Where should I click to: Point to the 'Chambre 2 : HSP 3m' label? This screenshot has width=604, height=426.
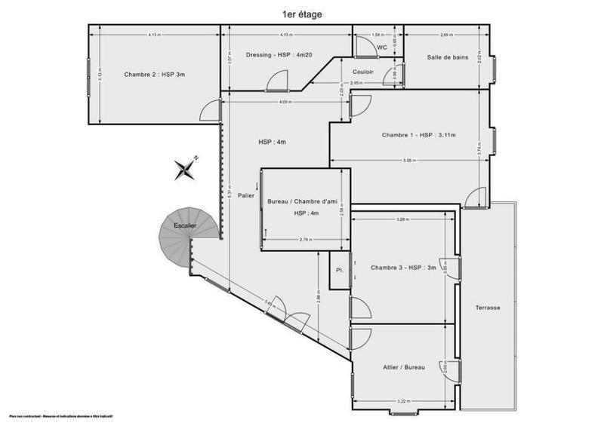pyautogui.click(x=154, y=74)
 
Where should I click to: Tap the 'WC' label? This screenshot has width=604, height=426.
pyautogui.click(x=382, y=48)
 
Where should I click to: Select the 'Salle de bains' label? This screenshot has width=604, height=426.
pyautogui.click(x=446, y=57)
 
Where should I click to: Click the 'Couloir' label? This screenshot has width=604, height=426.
pyautogui.click(x=363, y=72)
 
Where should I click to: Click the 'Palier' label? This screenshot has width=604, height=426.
pyautogui.click(x=245, y=196)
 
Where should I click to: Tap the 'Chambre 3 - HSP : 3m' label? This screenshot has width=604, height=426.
pyautogui.click(x=403, y=268)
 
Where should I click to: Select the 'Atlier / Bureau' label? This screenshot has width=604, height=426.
pyautogui.click(x=405, y=367)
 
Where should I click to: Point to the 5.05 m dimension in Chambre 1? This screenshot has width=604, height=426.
pyautogui.click(x=408, y=160)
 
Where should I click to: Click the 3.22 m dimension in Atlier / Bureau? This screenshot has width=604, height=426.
pyautogui.click(x=402, y=402)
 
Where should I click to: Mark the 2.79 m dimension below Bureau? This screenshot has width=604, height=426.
pyautogui.click(x=305, y=240)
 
